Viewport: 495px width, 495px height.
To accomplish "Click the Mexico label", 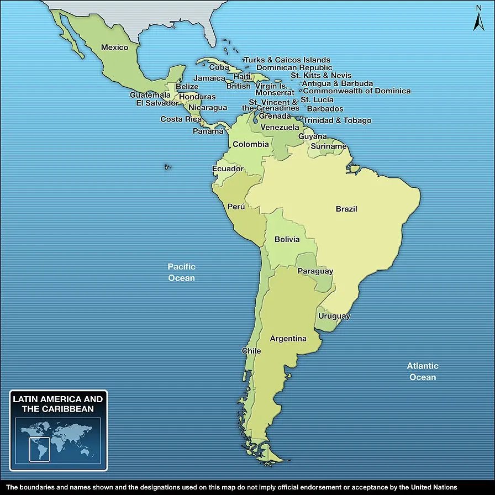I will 114,48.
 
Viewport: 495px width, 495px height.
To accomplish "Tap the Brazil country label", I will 346,209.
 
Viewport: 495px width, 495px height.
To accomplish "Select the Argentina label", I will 288,339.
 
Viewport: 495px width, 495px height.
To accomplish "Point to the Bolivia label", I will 287,239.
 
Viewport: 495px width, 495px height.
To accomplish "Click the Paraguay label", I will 315,271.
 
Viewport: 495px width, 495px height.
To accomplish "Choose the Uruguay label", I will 334,316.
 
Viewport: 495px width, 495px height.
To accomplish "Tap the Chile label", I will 251,351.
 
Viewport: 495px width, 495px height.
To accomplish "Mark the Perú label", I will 236,207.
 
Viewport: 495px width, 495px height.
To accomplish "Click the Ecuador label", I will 228,168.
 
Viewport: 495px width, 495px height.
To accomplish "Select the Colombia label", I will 250,145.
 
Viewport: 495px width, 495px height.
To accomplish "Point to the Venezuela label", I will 280,128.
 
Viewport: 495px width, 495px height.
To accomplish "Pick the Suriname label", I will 328,146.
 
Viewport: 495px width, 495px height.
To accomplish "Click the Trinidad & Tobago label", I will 337,120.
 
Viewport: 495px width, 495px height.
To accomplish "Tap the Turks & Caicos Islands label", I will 287,60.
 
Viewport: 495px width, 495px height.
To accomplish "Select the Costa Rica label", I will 181,119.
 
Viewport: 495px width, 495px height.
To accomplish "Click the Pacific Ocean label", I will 181,272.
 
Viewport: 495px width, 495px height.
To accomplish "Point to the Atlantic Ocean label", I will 423,371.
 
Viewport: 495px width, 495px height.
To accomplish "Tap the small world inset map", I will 58,439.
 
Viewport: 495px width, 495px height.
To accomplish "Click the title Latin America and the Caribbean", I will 58,404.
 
